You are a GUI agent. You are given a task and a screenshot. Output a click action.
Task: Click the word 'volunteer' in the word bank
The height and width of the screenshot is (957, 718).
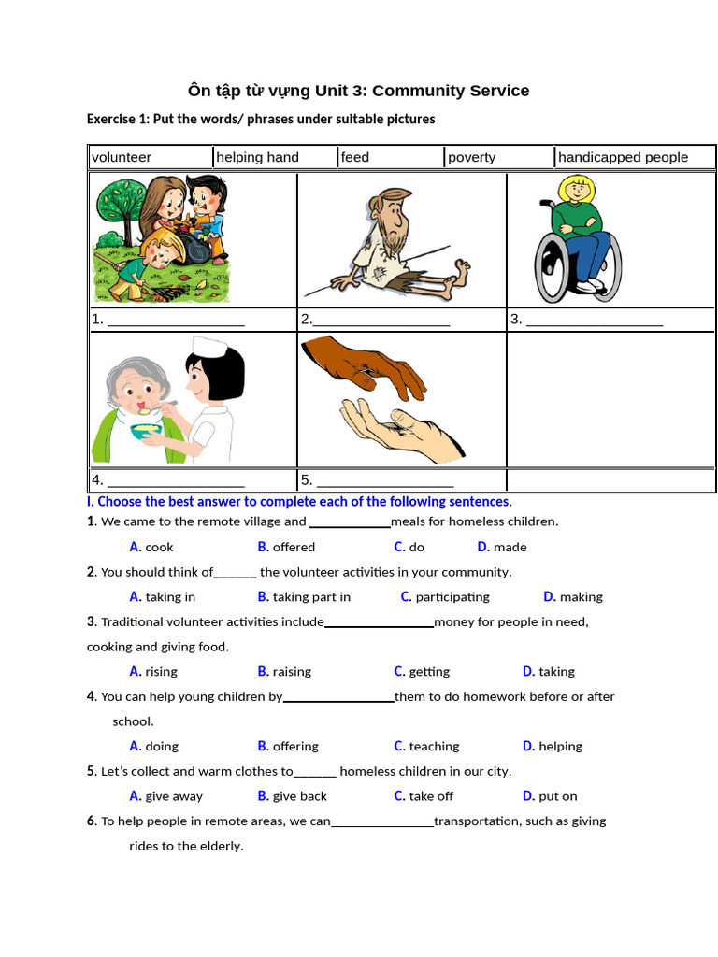click(122, 157)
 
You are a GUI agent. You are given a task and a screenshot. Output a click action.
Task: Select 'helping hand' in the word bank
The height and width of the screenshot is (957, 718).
click(257, 157)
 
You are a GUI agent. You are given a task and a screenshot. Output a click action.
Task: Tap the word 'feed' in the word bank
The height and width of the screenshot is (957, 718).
click(355, 157)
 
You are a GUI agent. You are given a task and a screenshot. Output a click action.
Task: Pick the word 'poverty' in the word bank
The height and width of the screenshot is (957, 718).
click(471, 157)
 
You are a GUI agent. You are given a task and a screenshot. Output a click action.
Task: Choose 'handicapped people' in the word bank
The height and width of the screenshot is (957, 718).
click(623, 157)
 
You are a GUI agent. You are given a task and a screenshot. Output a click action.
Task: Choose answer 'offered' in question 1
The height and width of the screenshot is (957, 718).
click(294, 547)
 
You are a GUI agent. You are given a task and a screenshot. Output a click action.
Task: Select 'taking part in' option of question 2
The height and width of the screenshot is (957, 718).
click(311, 596)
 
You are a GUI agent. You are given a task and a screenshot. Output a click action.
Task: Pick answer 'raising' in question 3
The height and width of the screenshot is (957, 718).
click(292, 671)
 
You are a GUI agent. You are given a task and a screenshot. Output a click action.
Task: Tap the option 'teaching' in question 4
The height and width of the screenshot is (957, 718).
click(434, 746)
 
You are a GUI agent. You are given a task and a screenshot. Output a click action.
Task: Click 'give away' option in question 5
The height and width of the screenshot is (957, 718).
click(174, 796)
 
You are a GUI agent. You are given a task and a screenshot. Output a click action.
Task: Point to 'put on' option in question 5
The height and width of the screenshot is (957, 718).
click(558, 796)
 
